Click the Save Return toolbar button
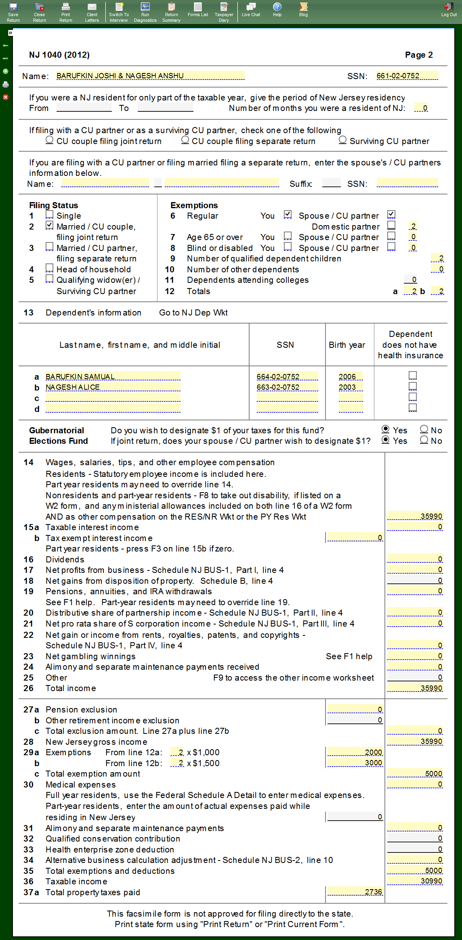coord(13,12)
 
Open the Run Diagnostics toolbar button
coord(145,12)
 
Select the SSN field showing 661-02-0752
coord(407,76)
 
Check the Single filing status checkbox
coord(50,215)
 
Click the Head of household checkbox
coord(50,268)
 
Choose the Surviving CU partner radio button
coord(342,140)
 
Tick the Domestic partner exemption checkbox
coord(391,225)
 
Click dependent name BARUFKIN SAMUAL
coord(113,377)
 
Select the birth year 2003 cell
coord(350,387)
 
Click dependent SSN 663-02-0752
coord(287,387)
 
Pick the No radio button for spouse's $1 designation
coord(424,440)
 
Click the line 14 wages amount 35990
coord(415,516)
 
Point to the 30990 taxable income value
coord(415,881)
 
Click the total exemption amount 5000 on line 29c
coord(415,774)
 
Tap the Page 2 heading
coord(418,55)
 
